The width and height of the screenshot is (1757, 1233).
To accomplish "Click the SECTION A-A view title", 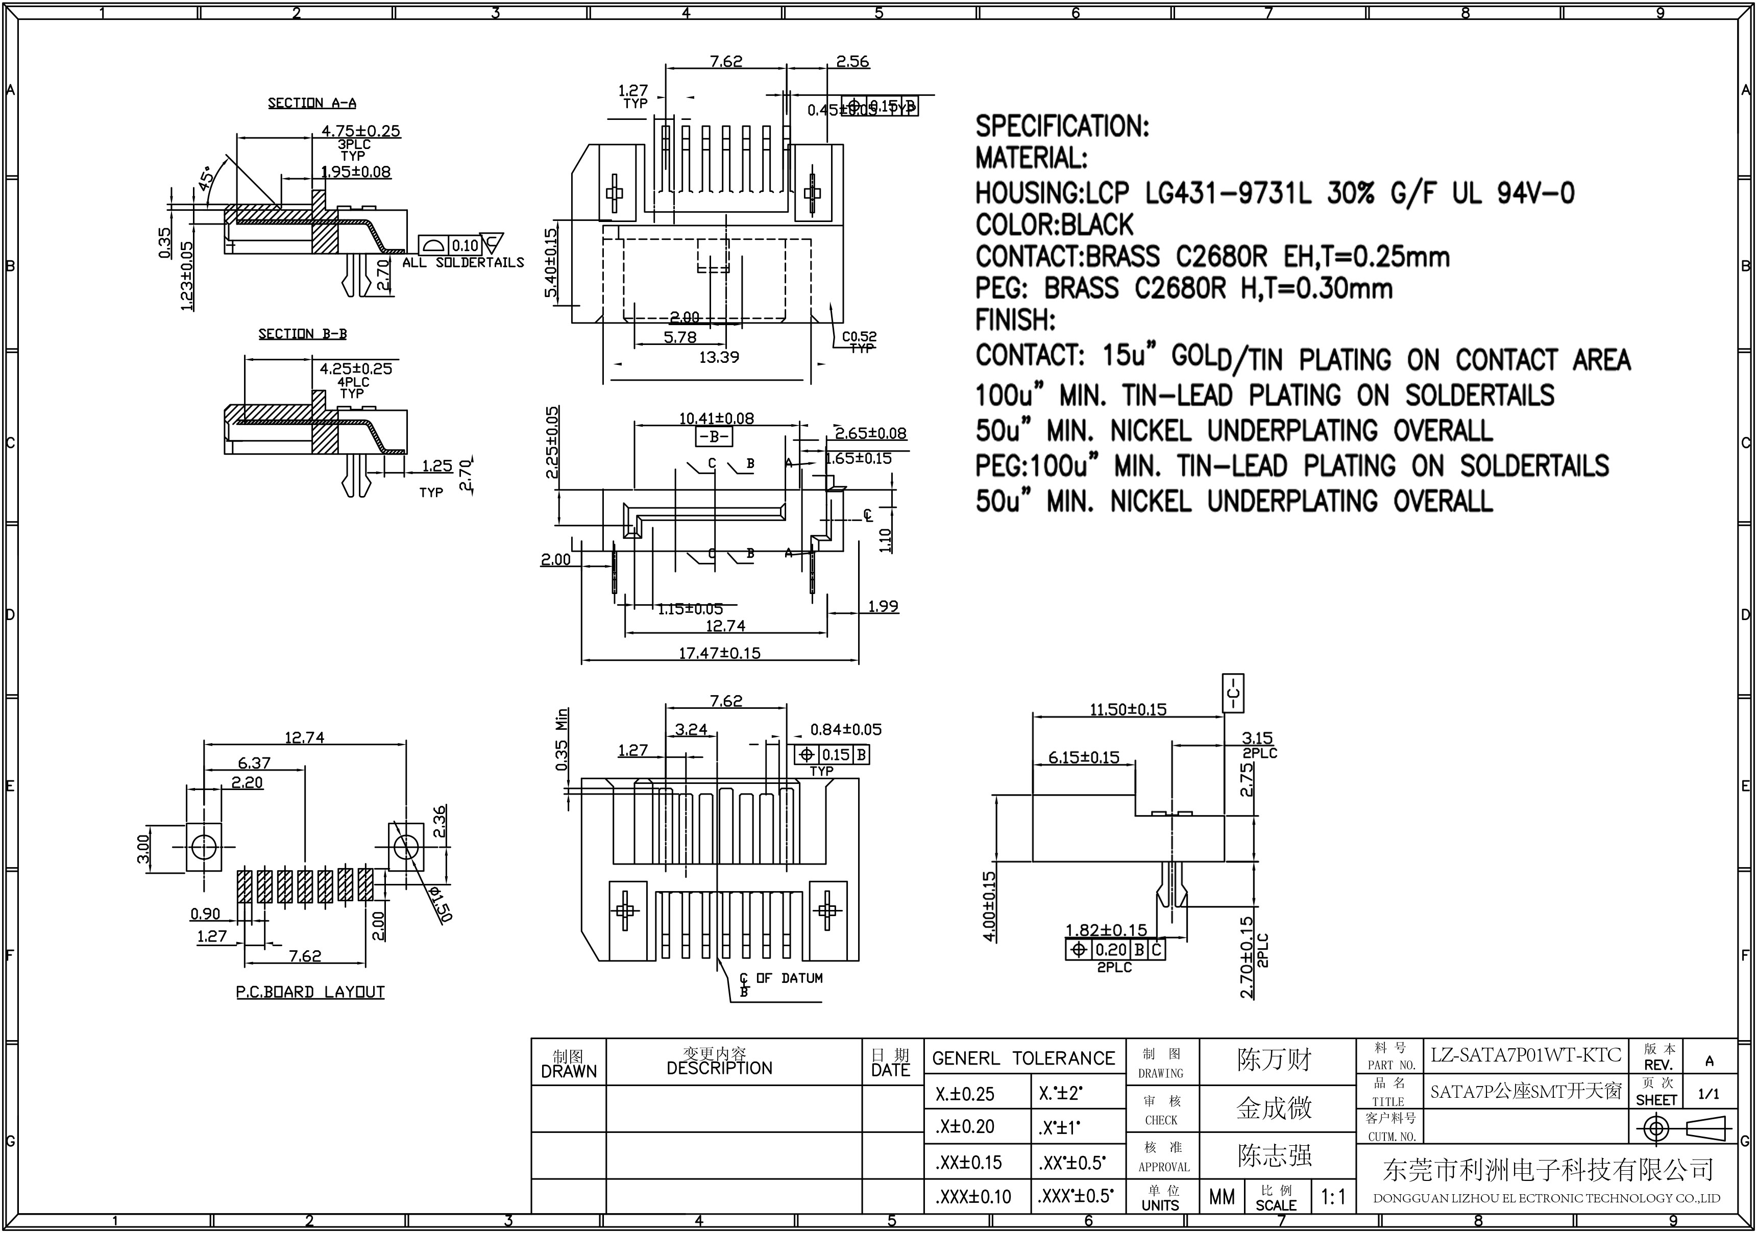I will pyautogui.click(x=311, y=103).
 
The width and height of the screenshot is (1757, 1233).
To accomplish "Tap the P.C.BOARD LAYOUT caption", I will pyautogui.click(x=310, y=992).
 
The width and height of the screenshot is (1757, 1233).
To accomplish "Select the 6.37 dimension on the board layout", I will pyautogui.click(x=254, y=762).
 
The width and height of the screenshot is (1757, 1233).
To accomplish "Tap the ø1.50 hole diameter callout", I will pyautogui.click(x=442, y=905).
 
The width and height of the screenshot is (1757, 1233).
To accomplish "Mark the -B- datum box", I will pyautogui.click(x=713, y=437).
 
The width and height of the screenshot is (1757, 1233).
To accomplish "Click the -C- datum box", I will pyautogui.click(x=1233, y=693).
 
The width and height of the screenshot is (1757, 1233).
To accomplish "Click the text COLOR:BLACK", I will pyautogui.click(x=1054, y=225).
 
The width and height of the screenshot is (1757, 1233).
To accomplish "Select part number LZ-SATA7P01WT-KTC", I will pyautogui.click(x=1526, y=1055).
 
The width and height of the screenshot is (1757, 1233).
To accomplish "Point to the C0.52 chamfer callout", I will pyautogui.click(x=860, y=336).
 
